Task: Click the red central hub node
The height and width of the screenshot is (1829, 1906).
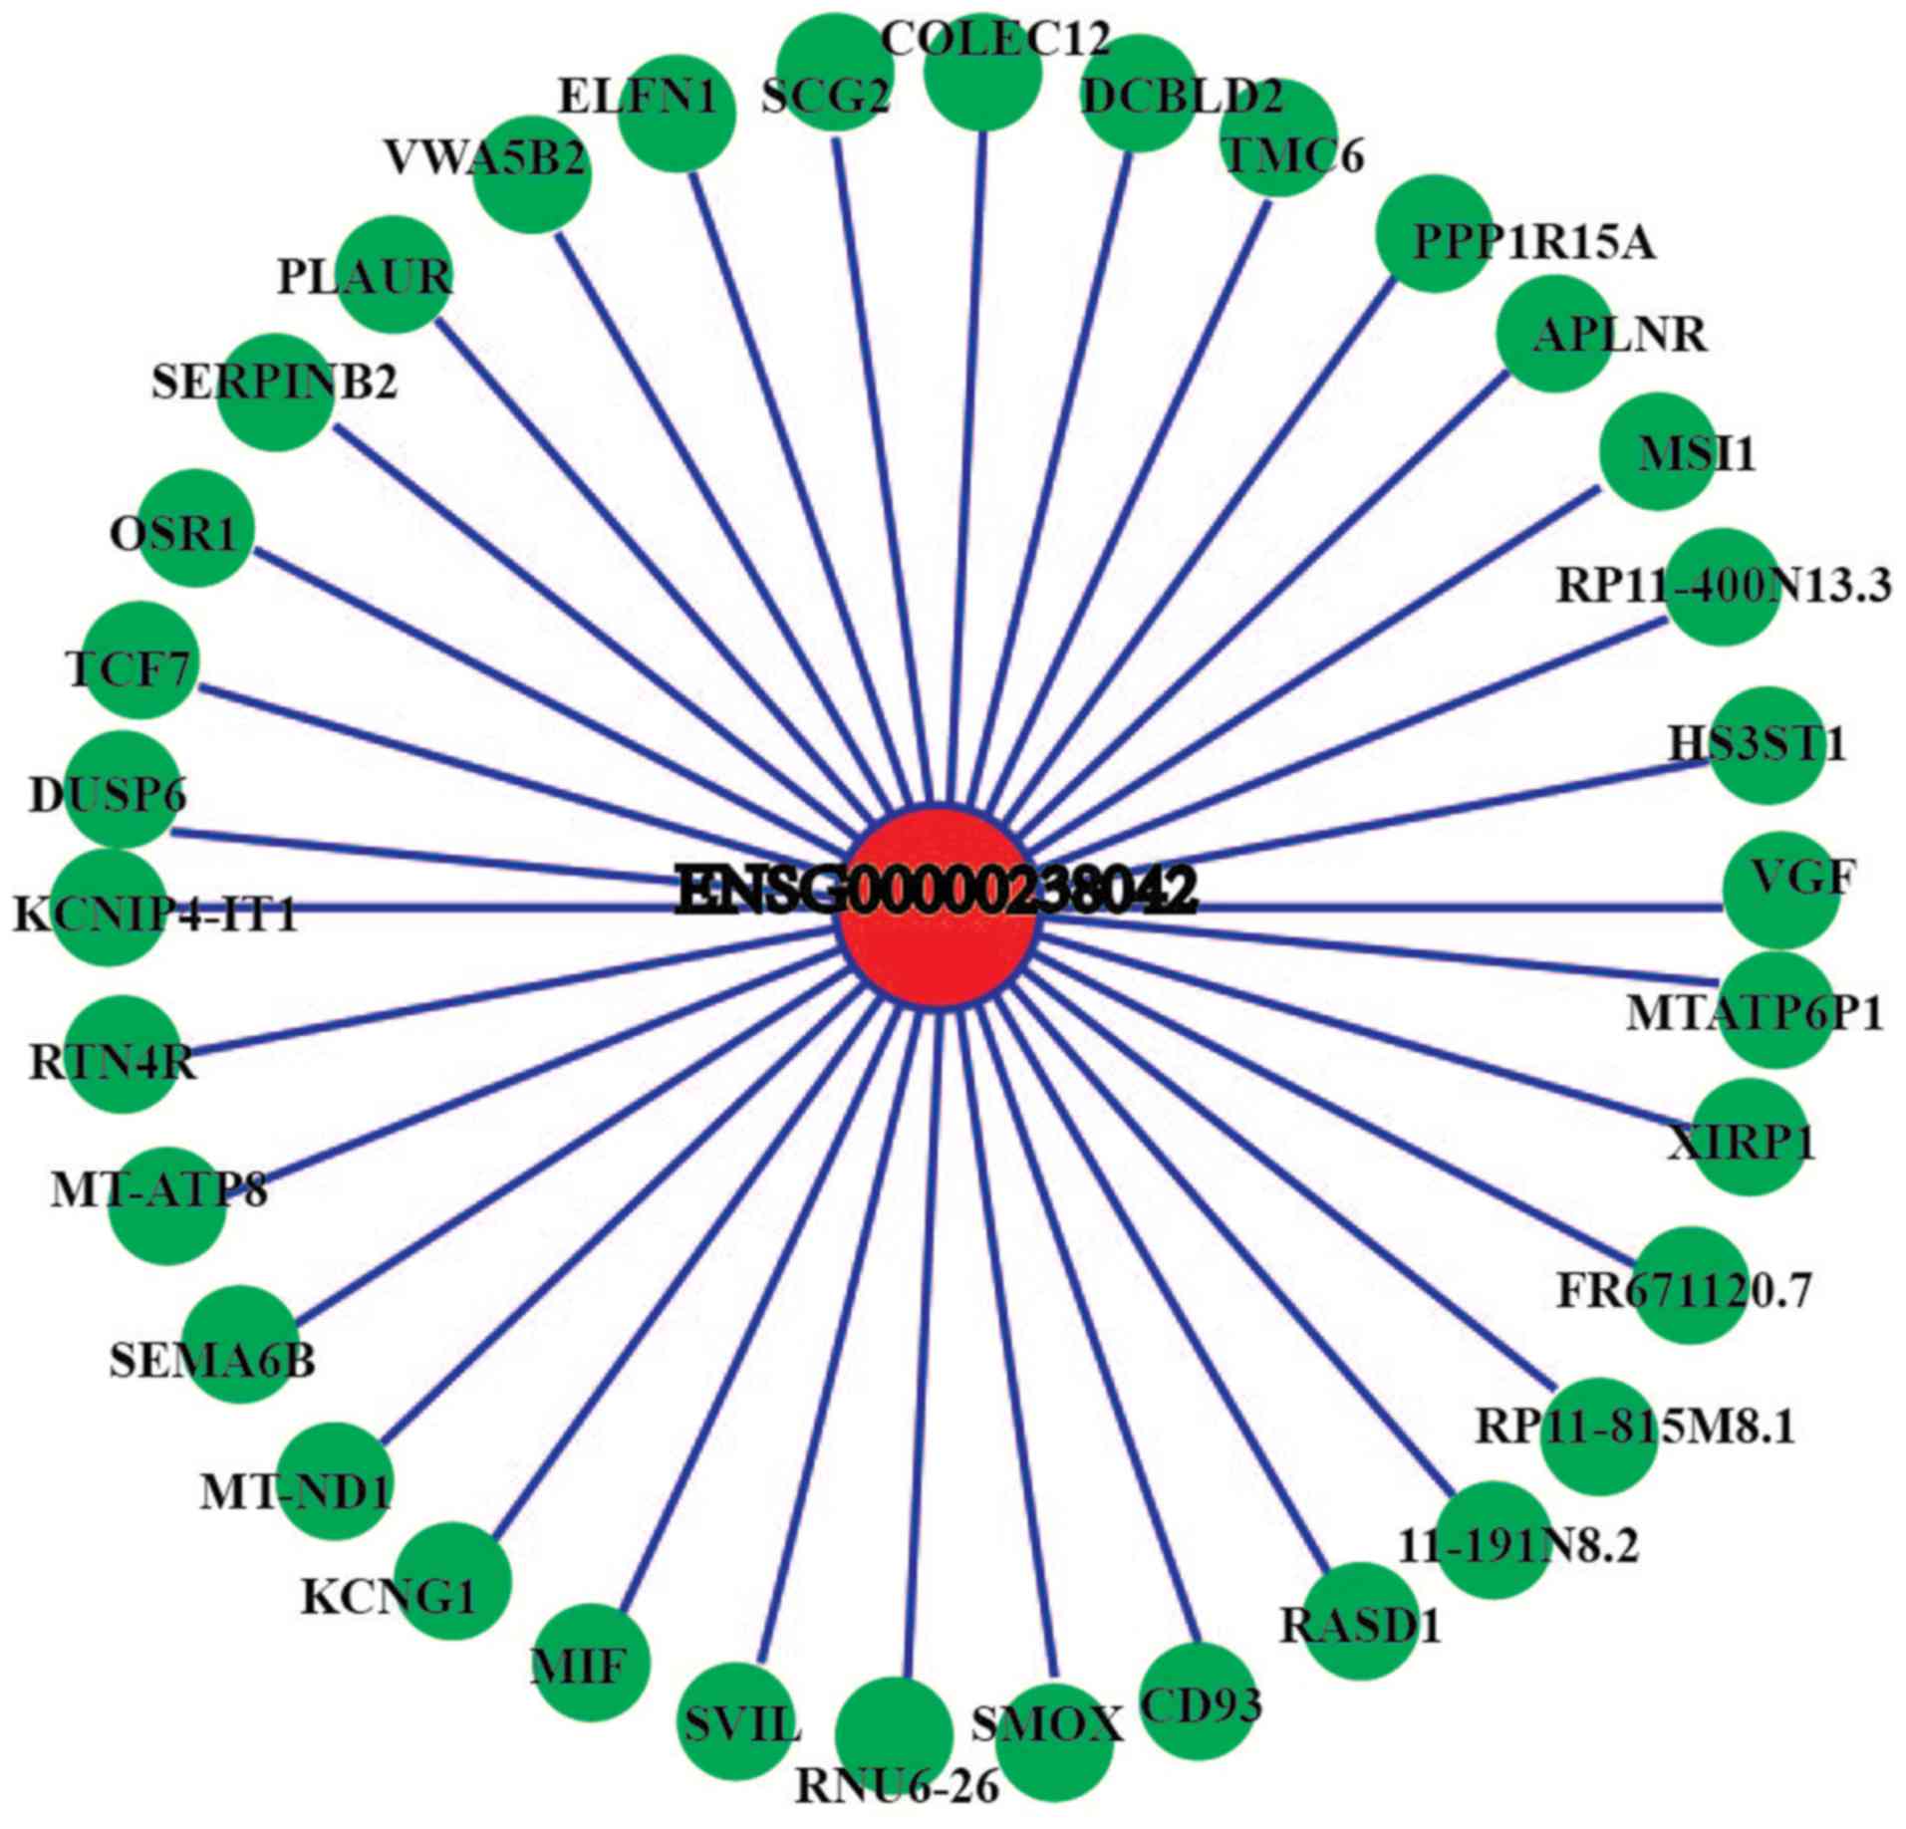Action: tap(936, 907)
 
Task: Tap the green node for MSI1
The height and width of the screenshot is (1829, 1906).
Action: tap(1657, 450)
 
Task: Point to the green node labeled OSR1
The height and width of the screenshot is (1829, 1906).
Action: tap(196, 528)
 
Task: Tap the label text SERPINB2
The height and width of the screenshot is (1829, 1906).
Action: tap(274, 383)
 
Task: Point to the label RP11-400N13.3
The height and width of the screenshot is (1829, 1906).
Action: tap(1723, 586)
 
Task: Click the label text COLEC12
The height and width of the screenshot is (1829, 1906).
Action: tap(995, 40)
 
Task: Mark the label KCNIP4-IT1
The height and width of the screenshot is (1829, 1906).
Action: tap(155, 914)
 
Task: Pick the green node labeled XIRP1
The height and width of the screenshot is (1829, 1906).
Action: tap(1749, 1137)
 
